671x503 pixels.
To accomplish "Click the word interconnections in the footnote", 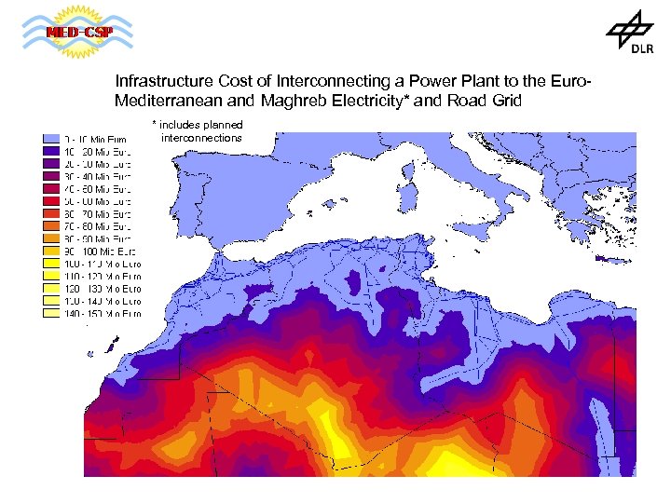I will point(201,138).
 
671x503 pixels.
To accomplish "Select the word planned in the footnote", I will point(221,125).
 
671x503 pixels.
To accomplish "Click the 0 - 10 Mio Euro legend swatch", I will point(50,139).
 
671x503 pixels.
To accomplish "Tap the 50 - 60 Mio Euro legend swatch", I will point(50,200).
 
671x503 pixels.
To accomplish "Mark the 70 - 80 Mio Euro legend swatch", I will point(50,225).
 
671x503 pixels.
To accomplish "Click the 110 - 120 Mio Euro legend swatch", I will point(50,276).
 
